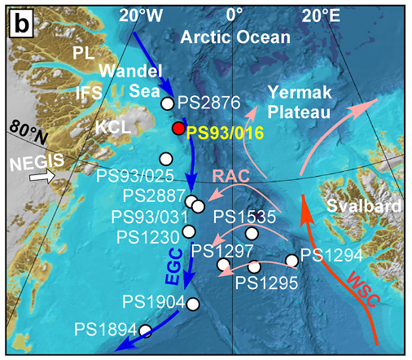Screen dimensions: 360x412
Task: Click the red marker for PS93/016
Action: click(x=179, y=128)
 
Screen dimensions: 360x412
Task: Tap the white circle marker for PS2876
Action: click(x=168, y=103)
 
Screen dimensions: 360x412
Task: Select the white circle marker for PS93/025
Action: click(x=166, y=158)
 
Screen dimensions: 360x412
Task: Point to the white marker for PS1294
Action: click(x=291, y=261)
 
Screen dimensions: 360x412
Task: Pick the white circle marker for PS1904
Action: click(x=193, y=304)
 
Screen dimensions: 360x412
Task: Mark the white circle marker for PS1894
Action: click(x=146, y=330)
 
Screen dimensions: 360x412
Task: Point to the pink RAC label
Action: click(x=231, y=176)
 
